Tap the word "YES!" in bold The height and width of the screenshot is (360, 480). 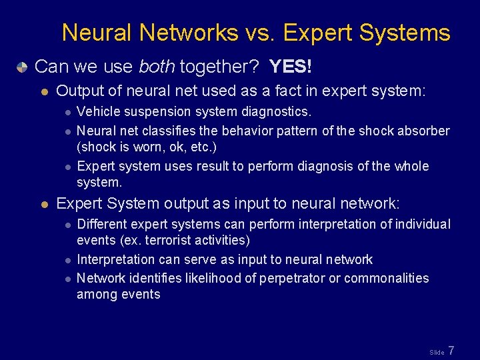(291, 67)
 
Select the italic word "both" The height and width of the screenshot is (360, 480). (157, 67)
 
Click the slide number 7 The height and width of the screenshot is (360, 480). (451, 351)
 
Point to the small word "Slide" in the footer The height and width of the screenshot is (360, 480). (437, 352)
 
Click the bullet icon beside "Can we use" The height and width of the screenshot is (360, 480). (23, 67)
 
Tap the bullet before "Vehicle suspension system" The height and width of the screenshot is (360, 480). (69, 113)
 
